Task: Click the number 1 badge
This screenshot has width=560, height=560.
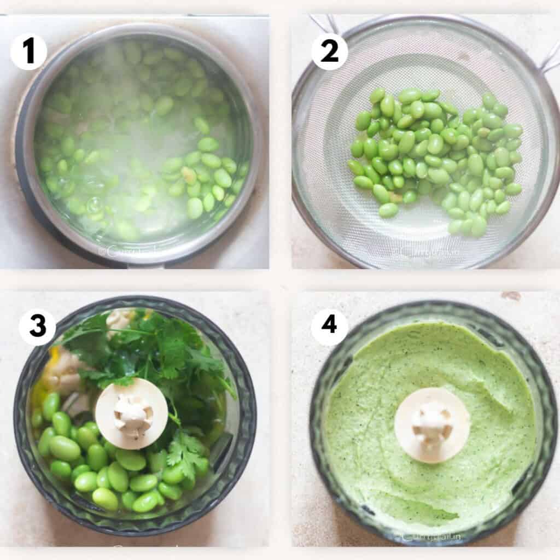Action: pos(28,51)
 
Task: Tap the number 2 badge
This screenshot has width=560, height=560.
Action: pos(329,51)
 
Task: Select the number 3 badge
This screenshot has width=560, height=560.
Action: pos(37,327)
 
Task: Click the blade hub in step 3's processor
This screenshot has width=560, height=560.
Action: pos(131,413)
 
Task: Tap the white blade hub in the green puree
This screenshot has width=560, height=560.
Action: pos(432,425)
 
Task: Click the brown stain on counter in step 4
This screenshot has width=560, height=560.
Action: pos(511,296)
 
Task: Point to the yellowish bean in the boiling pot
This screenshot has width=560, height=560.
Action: pos(189,174)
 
